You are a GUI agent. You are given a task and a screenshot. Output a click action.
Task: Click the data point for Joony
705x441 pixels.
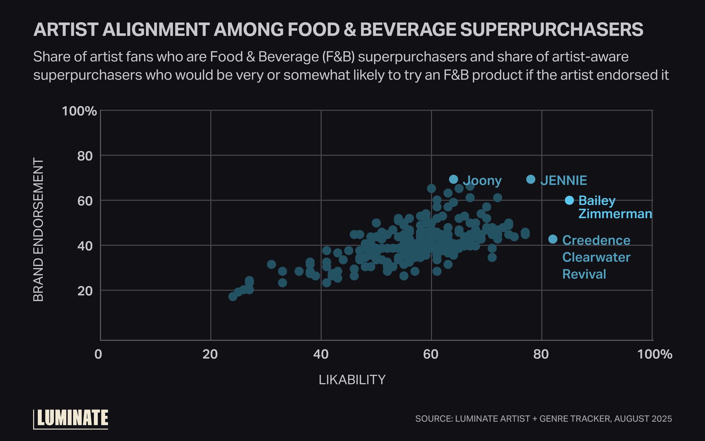[x=454, y=179]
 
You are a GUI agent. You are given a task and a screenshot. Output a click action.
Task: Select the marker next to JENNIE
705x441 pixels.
[x=531, y=179]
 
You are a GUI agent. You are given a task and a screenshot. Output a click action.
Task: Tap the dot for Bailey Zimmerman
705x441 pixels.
[x=569, y=200]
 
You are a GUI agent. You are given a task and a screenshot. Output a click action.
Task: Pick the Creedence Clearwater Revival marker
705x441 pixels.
[x=553, y=239]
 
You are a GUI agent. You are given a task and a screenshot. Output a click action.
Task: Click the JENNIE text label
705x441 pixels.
[x=564, y=181]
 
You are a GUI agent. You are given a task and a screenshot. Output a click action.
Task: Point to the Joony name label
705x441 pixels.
[x=482, y=181]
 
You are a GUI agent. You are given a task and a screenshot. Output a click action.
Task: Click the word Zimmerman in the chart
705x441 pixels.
[x=615, y=214]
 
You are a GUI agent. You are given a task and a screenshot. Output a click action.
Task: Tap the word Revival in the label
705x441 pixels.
[x=584, y=274]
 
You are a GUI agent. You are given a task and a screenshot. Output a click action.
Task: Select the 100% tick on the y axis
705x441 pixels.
[x=79, y=111]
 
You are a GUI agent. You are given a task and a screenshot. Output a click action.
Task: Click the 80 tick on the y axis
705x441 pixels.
[x=85, y=156]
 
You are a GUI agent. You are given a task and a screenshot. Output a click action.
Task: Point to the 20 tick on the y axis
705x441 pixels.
[x=85, y=291]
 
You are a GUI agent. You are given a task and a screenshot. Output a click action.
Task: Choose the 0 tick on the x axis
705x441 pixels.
[x=98, y=354]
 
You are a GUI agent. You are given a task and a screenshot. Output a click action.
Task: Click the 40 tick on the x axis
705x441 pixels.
[x=321, y=354]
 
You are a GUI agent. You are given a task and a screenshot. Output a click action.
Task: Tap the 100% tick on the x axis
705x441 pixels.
[x=655, y=354]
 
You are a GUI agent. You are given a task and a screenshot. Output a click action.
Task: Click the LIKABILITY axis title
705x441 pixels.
[x=352, y=380]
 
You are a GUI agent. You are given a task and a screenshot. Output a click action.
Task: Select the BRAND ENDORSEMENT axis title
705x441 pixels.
[x=38, y=230]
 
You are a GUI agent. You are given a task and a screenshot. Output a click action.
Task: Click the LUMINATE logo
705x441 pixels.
[x=72, y=418]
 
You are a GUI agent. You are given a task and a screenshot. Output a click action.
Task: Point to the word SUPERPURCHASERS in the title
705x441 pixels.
[x=552, y=29]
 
